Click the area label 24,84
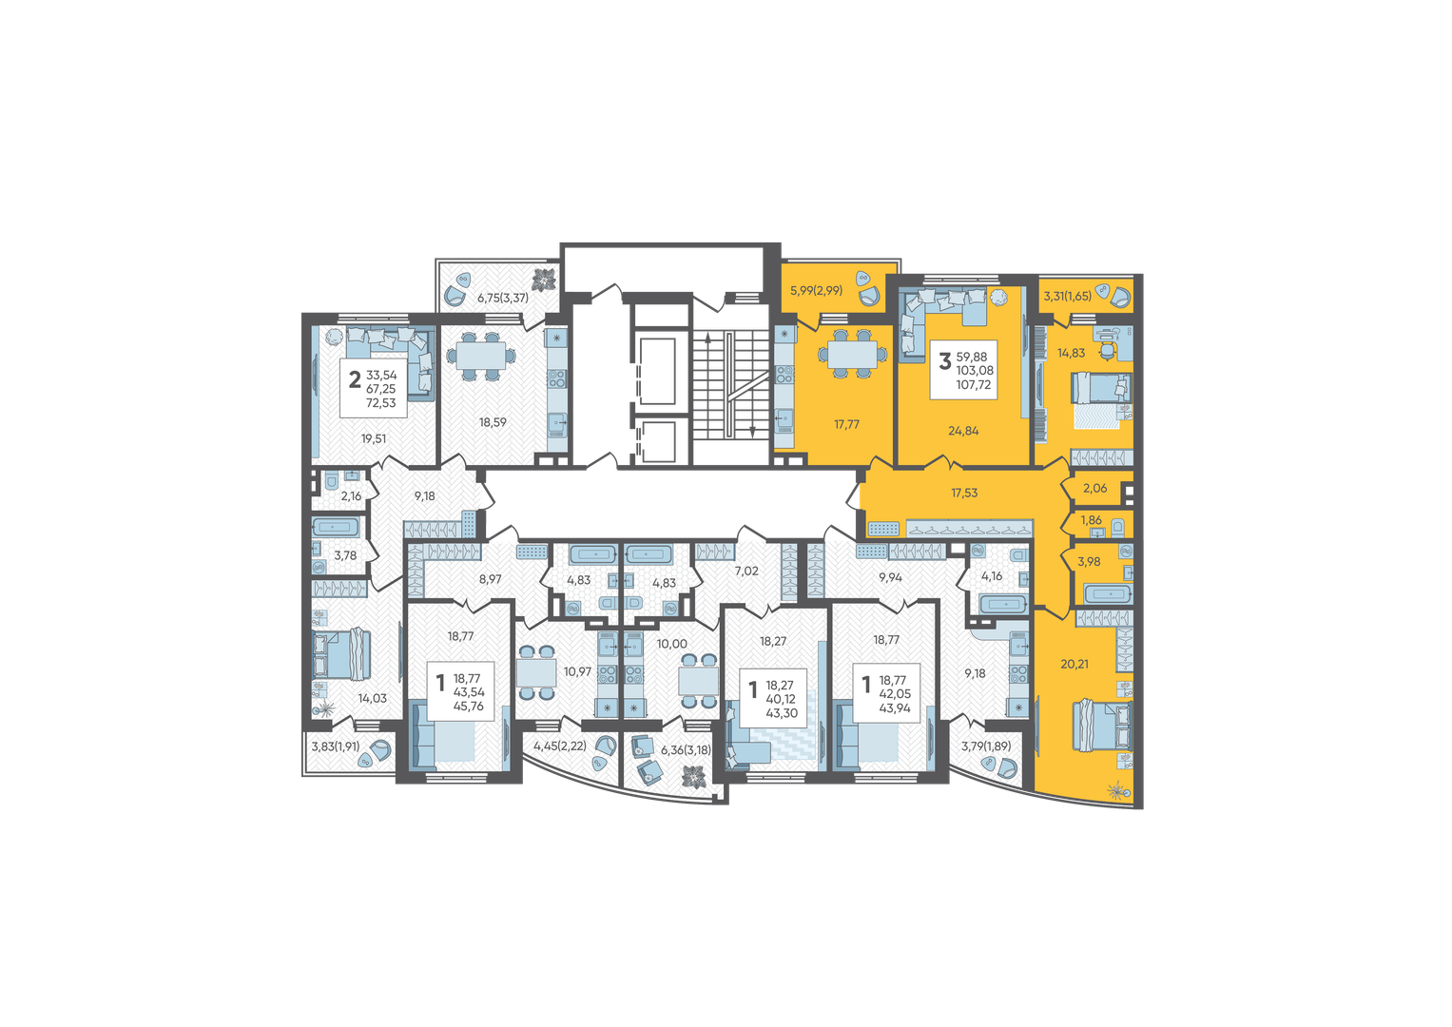pos(963,431)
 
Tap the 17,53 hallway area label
pos(964,493)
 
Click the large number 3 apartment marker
pos(945,361)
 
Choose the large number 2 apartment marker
pos(355,379)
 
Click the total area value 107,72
pos(974,384)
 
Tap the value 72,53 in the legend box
pos(380,402)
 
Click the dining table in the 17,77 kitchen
pos(852,355)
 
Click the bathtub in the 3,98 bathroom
pos(1110,593)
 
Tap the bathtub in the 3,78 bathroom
pos(335,527)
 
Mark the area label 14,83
pos(1071,354)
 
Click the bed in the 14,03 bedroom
pos(341,654)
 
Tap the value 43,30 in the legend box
pos(782,713)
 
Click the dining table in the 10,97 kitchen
pos(536,672)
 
